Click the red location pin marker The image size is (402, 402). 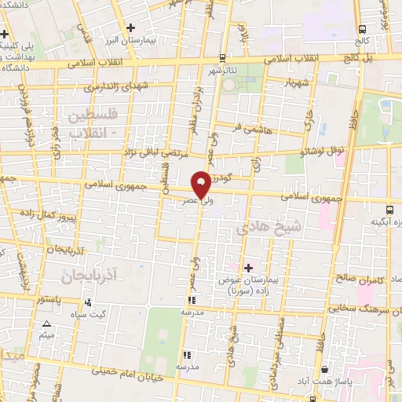point(201,184)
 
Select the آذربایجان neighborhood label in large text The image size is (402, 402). point(88,274)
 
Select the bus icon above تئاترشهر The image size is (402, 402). point(222,57)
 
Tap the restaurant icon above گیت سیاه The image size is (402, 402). point(88,301)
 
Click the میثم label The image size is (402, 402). point(46,335)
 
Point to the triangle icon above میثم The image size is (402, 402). point(46,323)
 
